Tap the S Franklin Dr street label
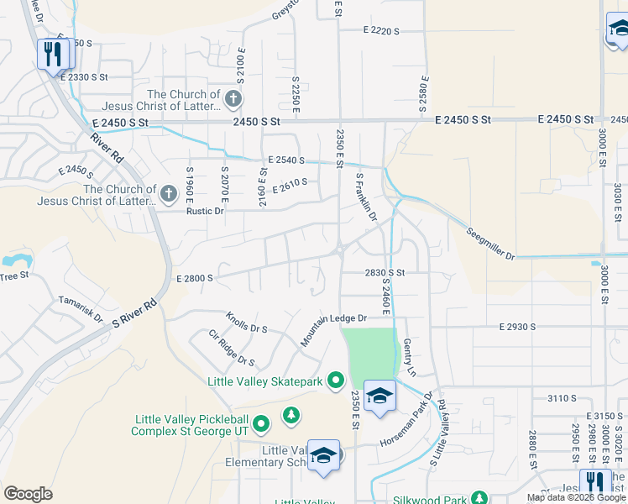point(367,198)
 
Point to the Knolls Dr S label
point(246,323)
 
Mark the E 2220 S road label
point(381,30)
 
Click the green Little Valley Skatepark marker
point(336,381)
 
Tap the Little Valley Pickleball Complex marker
point(261,423)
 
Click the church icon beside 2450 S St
point(233,100)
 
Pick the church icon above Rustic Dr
point(168,195)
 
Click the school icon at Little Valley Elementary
point(322,456)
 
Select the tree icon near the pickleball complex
point(291,415)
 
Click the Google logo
point(28,494)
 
